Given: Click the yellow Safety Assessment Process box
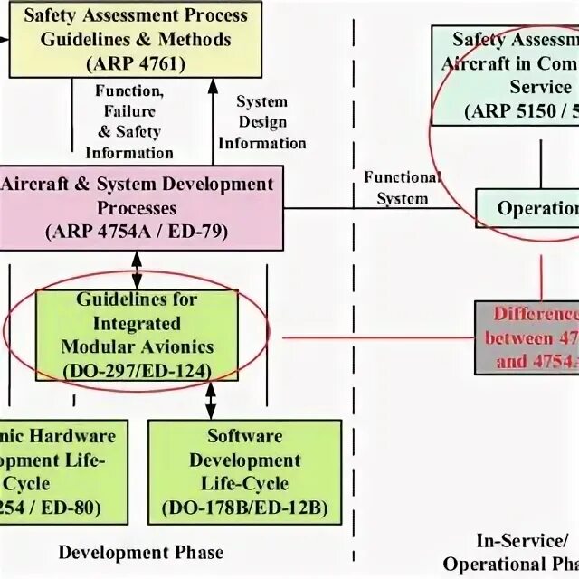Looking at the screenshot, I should [136, 39].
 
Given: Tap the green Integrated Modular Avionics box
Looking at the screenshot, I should [137, 336].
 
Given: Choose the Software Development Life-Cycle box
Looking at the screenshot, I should [244, 471].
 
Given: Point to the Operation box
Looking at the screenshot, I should [528, 209].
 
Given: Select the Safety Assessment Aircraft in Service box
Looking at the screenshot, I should [507, 75].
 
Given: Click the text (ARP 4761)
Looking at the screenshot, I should [136, 63].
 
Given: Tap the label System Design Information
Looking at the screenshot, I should [261, 122].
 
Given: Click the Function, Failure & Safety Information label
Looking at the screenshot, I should [129, 122].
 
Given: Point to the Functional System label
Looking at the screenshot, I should [402, 186].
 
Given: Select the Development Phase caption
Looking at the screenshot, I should [140, 552].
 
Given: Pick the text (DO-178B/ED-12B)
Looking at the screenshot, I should [245, 506].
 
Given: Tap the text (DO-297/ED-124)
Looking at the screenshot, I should [137, 369].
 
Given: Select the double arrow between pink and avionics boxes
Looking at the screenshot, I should [137, 268].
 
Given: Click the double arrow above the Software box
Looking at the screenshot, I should [211, 399].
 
